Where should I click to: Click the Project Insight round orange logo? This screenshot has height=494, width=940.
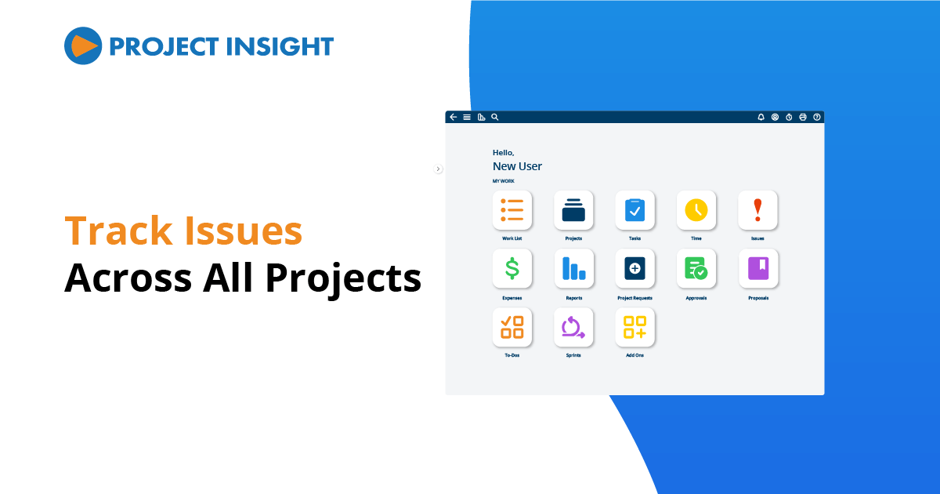pos(83,45)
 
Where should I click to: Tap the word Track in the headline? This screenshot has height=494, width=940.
pos(117,232)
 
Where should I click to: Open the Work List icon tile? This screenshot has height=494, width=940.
pos(512,210)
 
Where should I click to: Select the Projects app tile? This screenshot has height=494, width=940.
pos(573,210)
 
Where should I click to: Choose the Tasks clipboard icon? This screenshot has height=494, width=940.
pos(634,210)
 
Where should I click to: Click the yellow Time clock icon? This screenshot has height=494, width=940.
pos(696,210)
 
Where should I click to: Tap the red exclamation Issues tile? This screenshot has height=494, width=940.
pos(757,210)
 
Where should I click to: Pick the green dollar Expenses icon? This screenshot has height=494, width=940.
pos(512,269)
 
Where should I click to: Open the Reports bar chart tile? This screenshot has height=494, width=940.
pos(573,269)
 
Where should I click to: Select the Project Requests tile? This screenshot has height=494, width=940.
pos(634,269)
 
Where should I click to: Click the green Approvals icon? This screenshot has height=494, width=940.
pos(696,269)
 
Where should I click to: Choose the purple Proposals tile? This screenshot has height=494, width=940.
pos(757,269)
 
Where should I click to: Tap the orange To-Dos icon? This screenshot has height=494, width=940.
pos(512,327)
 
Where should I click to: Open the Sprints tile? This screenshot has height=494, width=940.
pos(573,327)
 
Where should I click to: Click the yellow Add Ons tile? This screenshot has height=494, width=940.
pos(634,327)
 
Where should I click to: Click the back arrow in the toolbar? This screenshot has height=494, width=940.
pos(453,117)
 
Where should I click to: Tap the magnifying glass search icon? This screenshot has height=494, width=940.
pos(494,117)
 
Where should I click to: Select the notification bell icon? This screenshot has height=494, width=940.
pos(761,117)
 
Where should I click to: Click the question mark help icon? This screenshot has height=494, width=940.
pos(817,117)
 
